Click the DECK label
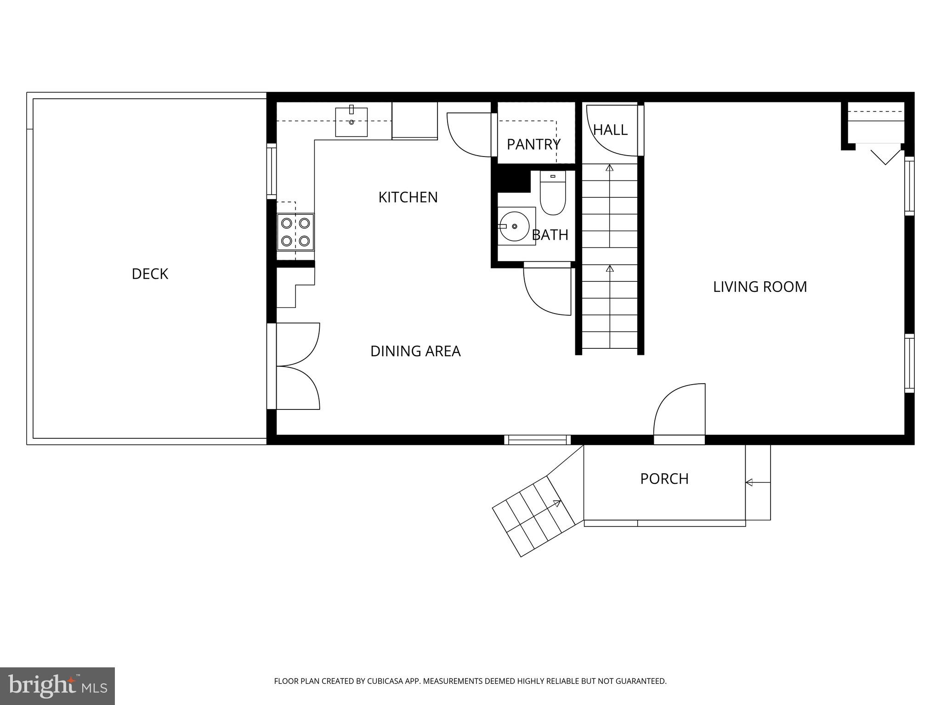click(150, 274)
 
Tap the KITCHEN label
click(408, 197)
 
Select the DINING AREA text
click(415, 351)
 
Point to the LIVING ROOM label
click(760, 287)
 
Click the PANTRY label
click(533, 145)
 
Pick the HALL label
click(610, 130)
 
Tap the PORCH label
click(664, 479)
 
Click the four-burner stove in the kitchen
click(295, 232)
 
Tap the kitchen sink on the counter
click(351, 122)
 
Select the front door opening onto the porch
click(679, 411)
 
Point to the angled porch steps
click(533, 516)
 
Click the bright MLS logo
click(57, 686)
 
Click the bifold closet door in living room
click(884, 155)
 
